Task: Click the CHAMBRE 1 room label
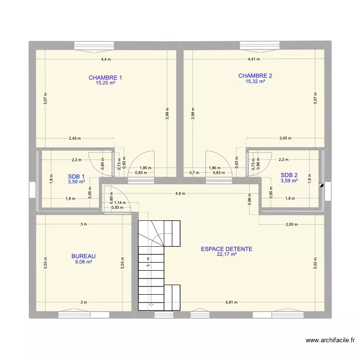click(105, 78)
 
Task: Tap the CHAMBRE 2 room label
click(255, 76)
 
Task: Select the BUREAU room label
click(84, 256)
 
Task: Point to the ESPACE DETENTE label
click(227, 249)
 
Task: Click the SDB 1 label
click(76, 176)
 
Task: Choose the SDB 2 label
click(289, 175)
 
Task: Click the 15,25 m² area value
click(105, 83)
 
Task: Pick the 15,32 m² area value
click(255, 82)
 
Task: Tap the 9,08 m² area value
click(84, 262)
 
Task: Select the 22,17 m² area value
click(227, 255)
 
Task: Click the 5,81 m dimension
click(231, 302)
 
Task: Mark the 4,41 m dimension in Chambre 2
click(253, 60)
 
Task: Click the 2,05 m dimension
click(291, 224)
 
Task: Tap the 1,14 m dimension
click(121, 203)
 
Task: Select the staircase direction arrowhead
click(151, 304)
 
